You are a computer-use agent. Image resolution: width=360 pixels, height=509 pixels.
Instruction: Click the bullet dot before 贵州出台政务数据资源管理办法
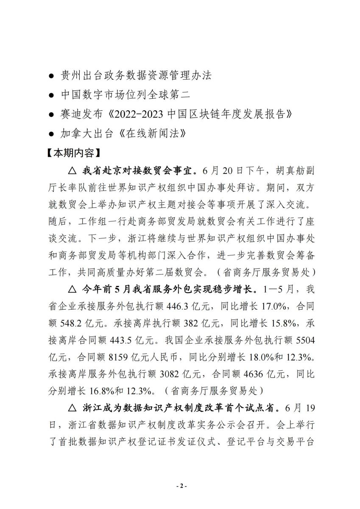(51, 76)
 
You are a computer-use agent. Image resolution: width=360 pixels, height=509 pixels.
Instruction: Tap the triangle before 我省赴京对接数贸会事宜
(72, 171)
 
